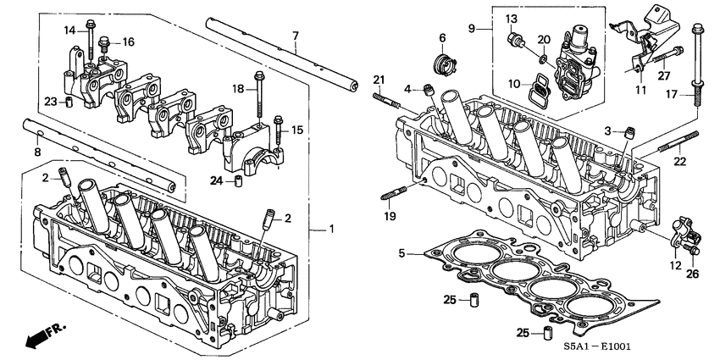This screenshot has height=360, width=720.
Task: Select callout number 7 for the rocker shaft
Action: [x=295, y=36]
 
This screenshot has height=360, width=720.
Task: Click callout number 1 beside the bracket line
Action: [x=332, y=230]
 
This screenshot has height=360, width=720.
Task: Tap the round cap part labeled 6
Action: [x=441, y=61]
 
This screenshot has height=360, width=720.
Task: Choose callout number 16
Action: [x=129, y=42]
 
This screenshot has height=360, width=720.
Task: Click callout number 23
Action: [x=50, y=102]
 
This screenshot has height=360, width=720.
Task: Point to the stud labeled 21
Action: [x=386, y=97]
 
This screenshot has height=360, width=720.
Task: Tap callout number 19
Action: [x=390, y=216]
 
